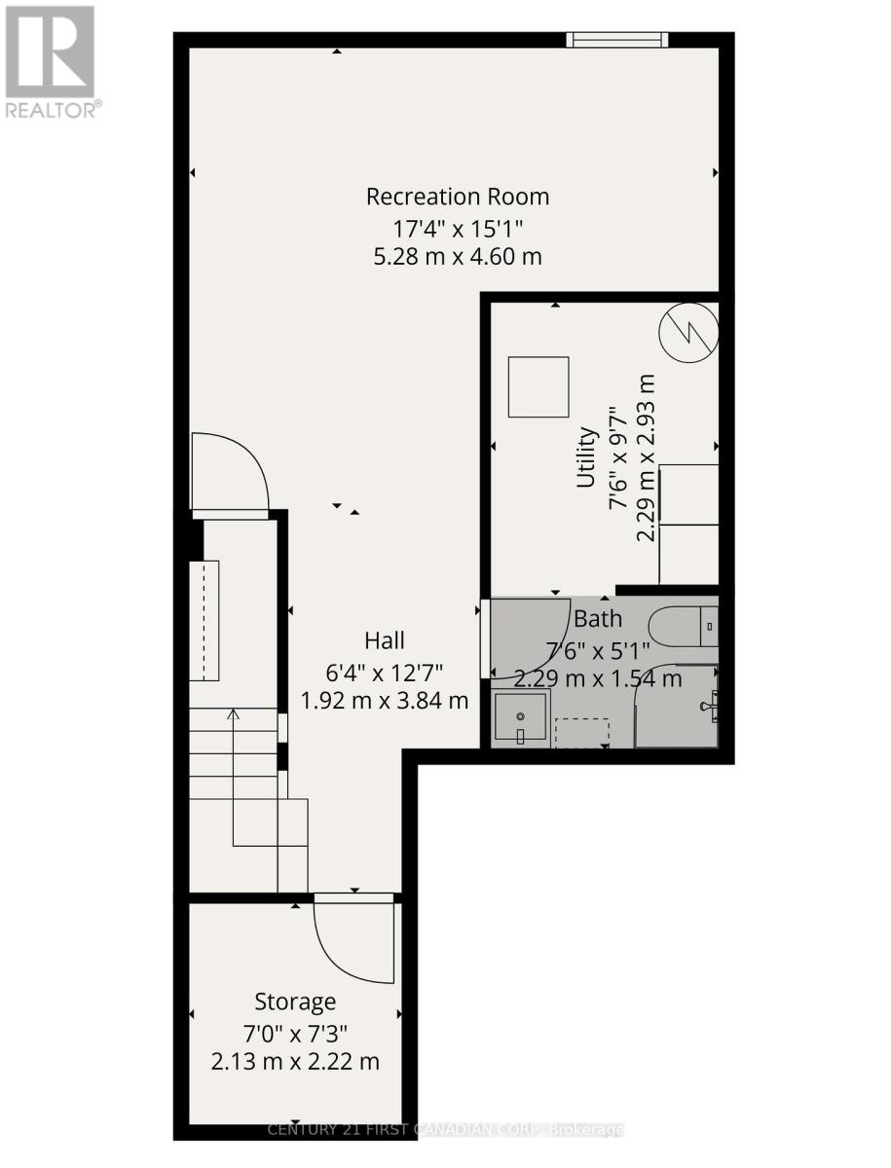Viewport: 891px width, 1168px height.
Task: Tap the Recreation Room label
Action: click(x=457, y=197)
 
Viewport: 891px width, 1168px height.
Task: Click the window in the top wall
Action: click(x=617, y=40)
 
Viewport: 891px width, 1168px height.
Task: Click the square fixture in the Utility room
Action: click(x=538, y=386)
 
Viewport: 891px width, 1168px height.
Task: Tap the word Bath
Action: click(x=597, y=618)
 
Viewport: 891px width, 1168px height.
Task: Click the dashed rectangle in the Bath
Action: click(x=581, y=733)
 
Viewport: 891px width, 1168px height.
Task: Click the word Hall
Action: click(x=384, y=640)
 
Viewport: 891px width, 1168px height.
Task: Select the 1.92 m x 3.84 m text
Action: click(x=384, y=700)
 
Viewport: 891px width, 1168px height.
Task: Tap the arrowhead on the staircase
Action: click(x=233, y=714)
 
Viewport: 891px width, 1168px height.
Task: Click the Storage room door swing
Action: click(x=351, y=934)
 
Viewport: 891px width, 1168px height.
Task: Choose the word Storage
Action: click(x=295, y=1002)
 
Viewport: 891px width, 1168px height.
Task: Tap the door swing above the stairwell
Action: click(x=229, y=472)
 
